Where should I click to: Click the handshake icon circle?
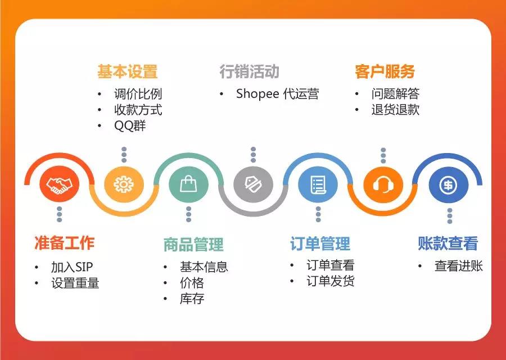(x=59, y=184)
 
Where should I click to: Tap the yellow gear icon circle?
(x=124, y=184)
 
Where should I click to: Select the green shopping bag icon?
(x=188, y=184)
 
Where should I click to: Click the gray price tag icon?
(x=253, y=184)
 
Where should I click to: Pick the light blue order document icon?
(x=318, y=184)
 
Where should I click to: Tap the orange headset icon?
(x=383, y=184)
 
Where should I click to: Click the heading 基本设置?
(x=127, y=72)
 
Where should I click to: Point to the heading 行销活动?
(x=249, y=72)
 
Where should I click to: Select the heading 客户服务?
(x=385, y=72)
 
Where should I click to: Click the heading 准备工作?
(x=64, y=243)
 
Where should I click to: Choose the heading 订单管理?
(x=320, y=244)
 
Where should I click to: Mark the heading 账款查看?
(x=448, y=243)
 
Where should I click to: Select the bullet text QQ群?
(x=130, y=126)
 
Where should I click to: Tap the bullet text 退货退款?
(x=395, y=110)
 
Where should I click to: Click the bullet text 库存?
(x=192, y=299)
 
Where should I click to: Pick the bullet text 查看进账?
(x=458, y=266)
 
